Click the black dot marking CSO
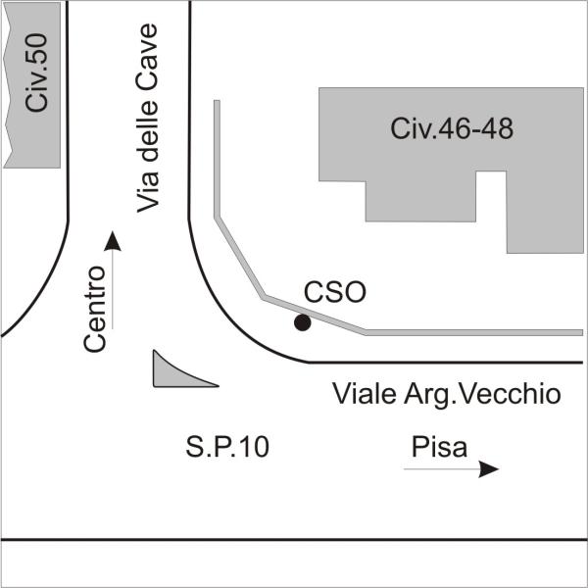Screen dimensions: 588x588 pos(303,322)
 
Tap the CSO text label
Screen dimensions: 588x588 pos(334,292)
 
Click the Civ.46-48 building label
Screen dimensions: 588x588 pos(451,128)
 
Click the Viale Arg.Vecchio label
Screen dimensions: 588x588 pos(446,394)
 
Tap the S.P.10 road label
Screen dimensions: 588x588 pos(226,447)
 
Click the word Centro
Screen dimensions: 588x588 pos(95,309)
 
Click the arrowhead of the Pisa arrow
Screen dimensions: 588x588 pos(488,469)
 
